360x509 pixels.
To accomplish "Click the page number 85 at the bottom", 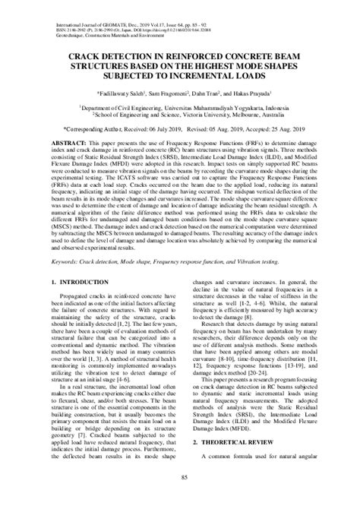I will tap(180, 498).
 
